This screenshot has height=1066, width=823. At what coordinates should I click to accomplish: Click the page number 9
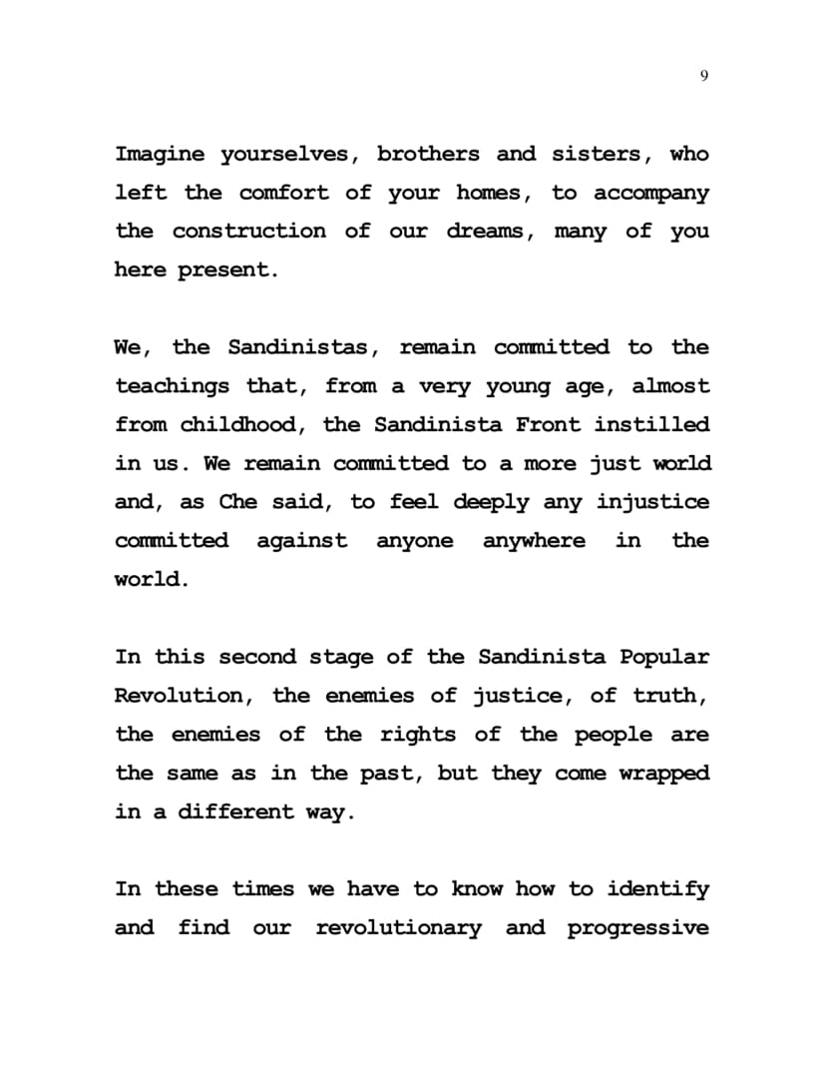[705, 77]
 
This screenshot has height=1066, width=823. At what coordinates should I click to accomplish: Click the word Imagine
[160, 155]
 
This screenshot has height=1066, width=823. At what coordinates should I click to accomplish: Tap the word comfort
[283, 193]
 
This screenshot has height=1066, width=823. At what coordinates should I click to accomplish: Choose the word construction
[248, 232]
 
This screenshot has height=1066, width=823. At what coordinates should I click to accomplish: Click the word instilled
[652, 425]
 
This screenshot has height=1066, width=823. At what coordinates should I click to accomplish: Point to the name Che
[237, 503]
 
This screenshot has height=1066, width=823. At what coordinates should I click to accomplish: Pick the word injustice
[652, 503]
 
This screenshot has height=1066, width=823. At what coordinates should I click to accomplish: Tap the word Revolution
[178, 697]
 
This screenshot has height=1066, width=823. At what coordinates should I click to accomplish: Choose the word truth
[669, 697]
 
